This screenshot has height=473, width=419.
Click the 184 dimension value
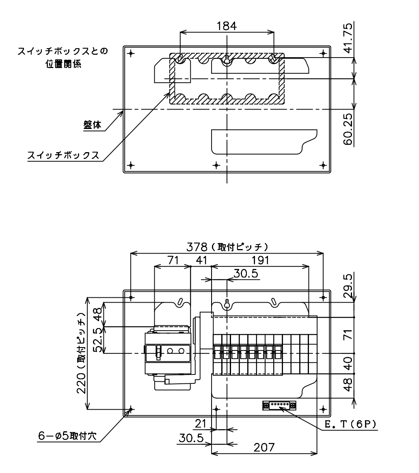tap(227, 26)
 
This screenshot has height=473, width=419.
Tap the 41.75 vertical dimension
tap(348, 38)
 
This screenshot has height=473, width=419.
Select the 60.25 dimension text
tap(348, 129)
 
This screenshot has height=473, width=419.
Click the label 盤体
tap(93, 125)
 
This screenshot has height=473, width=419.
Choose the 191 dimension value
tap(260, 260)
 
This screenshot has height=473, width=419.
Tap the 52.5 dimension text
tap(98, 340)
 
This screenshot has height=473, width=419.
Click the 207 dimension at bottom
tap(264, 447)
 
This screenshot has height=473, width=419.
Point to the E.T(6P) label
tap(350, 424)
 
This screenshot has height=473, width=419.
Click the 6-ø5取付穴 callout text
tap(67, 436)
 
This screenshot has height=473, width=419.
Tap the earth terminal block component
tap(279, 406)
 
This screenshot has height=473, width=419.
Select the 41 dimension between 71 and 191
tap(201, 260)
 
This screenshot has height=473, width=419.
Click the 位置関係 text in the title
tap(63, 64)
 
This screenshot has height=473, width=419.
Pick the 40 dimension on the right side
tap(348, 363)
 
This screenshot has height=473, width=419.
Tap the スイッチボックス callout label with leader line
tap(63, 155)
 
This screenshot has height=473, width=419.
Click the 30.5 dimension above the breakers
tap(246, 273)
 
